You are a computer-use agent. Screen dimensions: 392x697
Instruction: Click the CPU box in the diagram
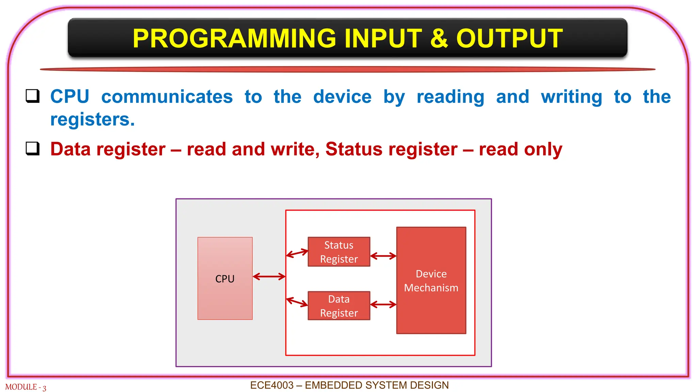point(225,278)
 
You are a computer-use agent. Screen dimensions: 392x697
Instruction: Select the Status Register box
point(339,252)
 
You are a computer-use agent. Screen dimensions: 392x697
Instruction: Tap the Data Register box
point(339,306)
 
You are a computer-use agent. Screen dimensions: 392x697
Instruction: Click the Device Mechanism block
point(431,280)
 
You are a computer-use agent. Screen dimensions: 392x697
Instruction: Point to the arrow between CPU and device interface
point(269,277)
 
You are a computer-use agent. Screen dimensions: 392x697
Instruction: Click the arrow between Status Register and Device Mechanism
point(383,256)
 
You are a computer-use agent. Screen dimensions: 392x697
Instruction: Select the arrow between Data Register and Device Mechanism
point(383,304)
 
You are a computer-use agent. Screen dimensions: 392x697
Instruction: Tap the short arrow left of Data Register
point(297,302)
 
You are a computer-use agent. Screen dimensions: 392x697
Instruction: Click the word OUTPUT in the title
point(509,38)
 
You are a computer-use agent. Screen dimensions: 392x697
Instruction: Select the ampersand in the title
point(439,38)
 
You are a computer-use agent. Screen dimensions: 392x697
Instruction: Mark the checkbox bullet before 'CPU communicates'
point(33,96)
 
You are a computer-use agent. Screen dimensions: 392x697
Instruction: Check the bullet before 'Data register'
point(33,149)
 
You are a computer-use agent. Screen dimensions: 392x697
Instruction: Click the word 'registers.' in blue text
point(93,119)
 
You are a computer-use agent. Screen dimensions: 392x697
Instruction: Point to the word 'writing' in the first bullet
point(571,97)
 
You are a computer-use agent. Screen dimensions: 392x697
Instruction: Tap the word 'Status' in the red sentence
point(354,149)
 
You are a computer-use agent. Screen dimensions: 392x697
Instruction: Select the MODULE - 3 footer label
point(26,387)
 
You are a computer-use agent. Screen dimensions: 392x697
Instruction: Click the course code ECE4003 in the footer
point(272,385)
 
